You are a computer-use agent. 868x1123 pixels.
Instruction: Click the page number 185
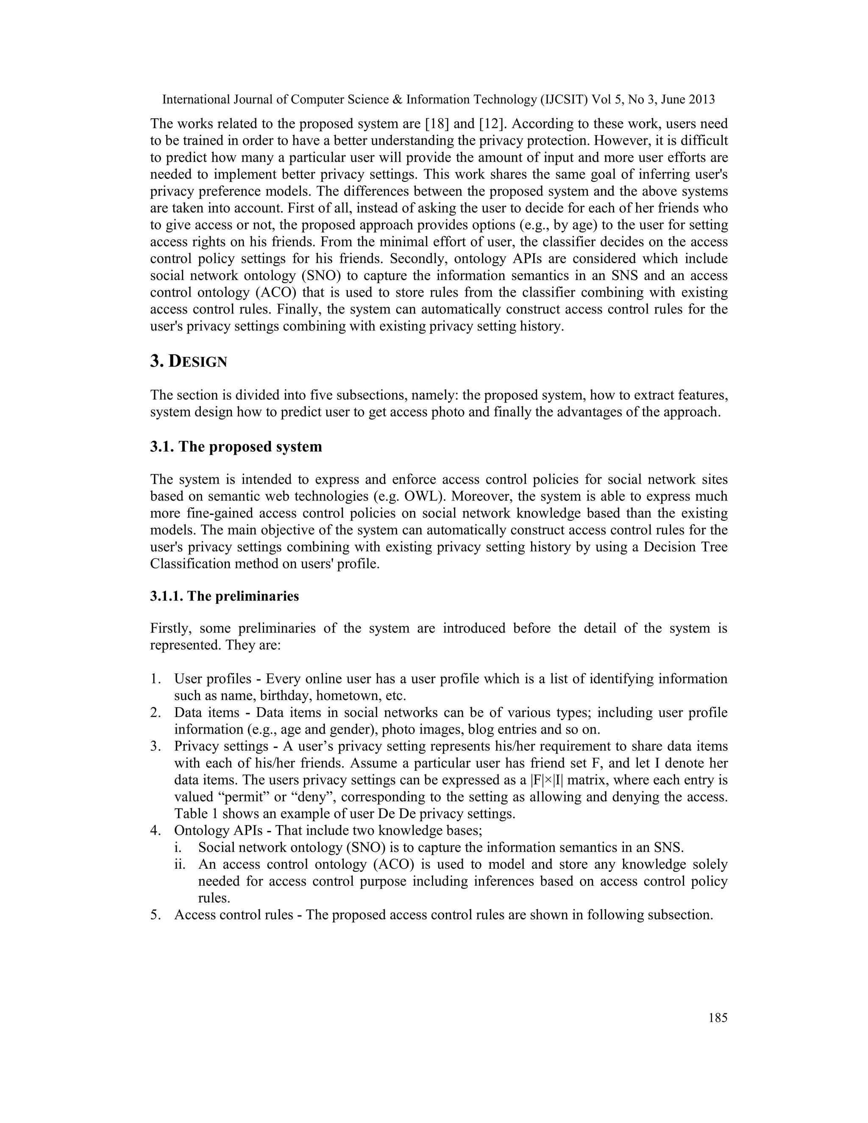pyautogui.click(x=718, y=1017)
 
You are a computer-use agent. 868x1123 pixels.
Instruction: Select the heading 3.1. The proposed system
pyautogui.click(x=236, y=446)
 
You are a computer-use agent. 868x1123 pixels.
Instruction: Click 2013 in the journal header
pyautogui.click(x=701, y=100)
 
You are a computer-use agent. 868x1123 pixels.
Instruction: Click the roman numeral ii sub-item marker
pyautogui.click(x=179, y=864)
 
